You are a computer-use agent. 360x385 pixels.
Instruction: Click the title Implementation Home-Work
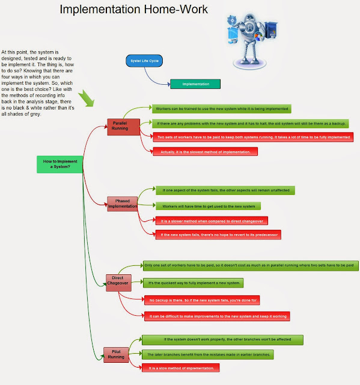click(x=134, y=10)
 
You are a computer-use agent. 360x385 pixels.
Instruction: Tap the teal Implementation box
click(x=196, y=84)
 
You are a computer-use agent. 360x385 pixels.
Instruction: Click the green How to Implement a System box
click(x=60, y=164)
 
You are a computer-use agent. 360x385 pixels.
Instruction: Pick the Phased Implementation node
click(x=123, y=203)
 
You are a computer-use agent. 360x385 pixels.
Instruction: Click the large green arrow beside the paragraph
click(x=87, y=99)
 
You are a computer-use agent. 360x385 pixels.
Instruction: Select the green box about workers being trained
click(x=221, y=109)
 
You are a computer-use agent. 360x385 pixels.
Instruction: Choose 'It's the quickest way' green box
click(x=192, y=283)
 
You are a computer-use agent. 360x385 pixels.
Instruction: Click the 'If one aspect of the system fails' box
click(x=225, y=190)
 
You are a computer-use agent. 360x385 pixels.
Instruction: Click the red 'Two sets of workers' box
click(x=253, y=137)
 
